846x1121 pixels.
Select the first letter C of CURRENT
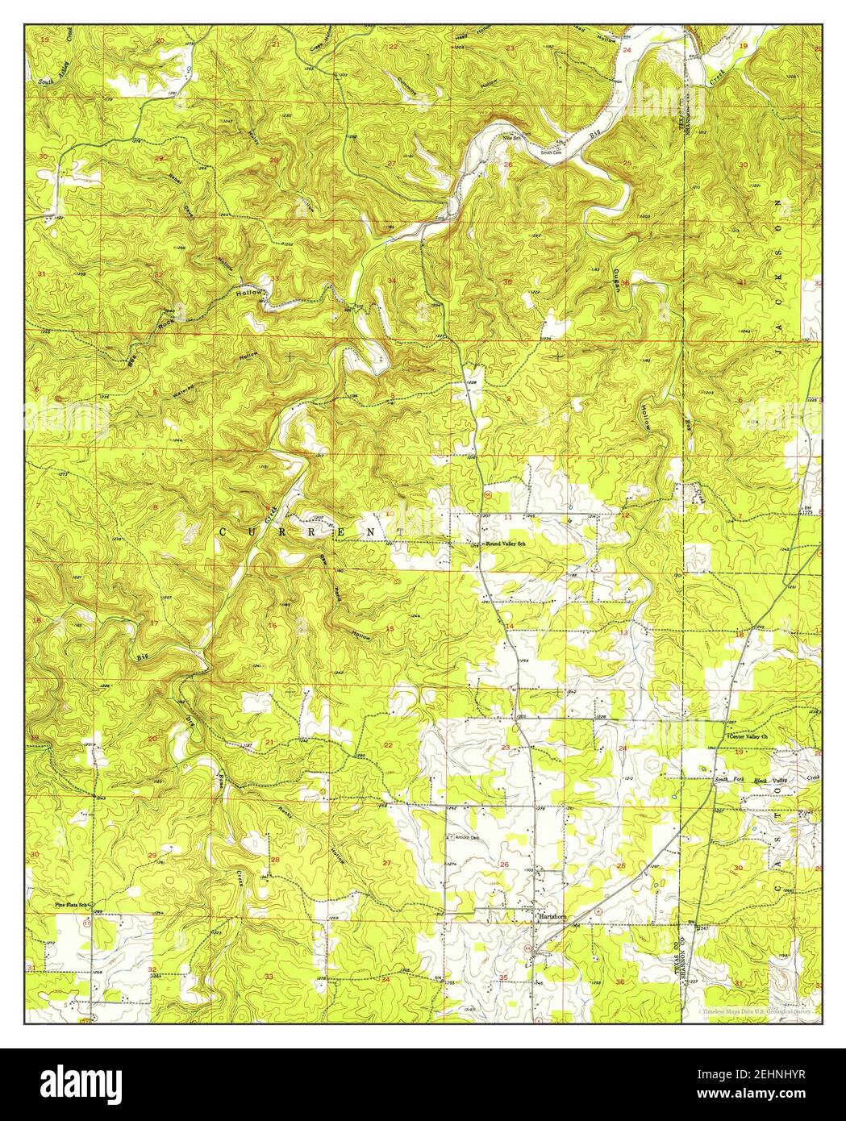(224, 532)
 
